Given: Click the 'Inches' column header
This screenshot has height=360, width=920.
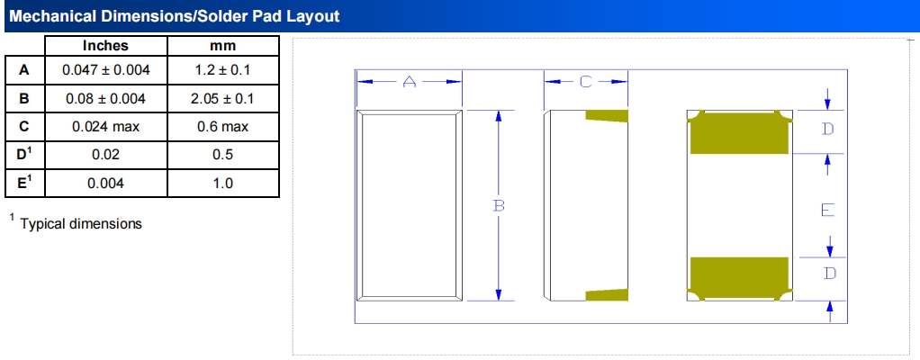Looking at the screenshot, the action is click(105, 46).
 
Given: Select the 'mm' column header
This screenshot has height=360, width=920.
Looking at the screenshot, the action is click(222, 46).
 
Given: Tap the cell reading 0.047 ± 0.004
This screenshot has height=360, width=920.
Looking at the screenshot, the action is click(105, 70).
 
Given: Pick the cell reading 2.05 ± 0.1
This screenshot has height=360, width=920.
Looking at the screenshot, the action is click(222, 98).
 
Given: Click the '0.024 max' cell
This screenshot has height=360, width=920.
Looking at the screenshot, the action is click(105, 127).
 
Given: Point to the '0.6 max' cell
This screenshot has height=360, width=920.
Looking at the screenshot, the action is click(222, 127).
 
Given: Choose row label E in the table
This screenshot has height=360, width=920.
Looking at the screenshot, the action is click(24, 183).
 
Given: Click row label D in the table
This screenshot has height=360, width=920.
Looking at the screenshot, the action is click(24, 155).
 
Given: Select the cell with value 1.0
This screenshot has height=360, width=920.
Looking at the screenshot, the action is click(222, 184).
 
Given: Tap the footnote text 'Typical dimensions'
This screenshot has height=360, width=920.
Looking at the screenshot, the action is click(81, 223).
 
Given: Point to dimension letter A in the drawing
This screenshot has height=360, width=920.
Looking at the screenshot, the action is click(409, 82).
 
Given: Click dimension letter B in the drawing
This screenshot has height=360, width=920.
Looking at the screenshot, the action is click(499, 206).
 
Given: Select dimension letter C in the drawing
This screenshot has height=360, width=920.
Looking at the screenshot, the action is click(585, 82).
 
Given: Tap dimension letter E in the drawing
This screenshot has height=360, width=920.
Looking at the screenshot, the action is click(827, 210).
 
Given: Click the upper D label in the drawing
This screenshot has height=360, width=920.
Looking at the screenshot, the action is click(827, 129).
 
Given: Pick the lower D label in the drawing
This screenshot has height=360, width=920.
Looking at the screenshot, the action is click(828, 274).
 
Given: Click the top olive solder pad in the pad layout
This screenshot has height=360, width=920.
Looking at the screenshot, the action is click(739, 132).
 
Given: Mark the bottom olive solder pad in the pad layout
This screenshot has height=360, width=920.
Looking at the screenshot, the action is click(739, 279).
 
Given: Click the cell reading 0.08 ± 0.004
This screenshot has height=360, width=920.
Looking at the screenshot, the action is click(105, 98).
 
